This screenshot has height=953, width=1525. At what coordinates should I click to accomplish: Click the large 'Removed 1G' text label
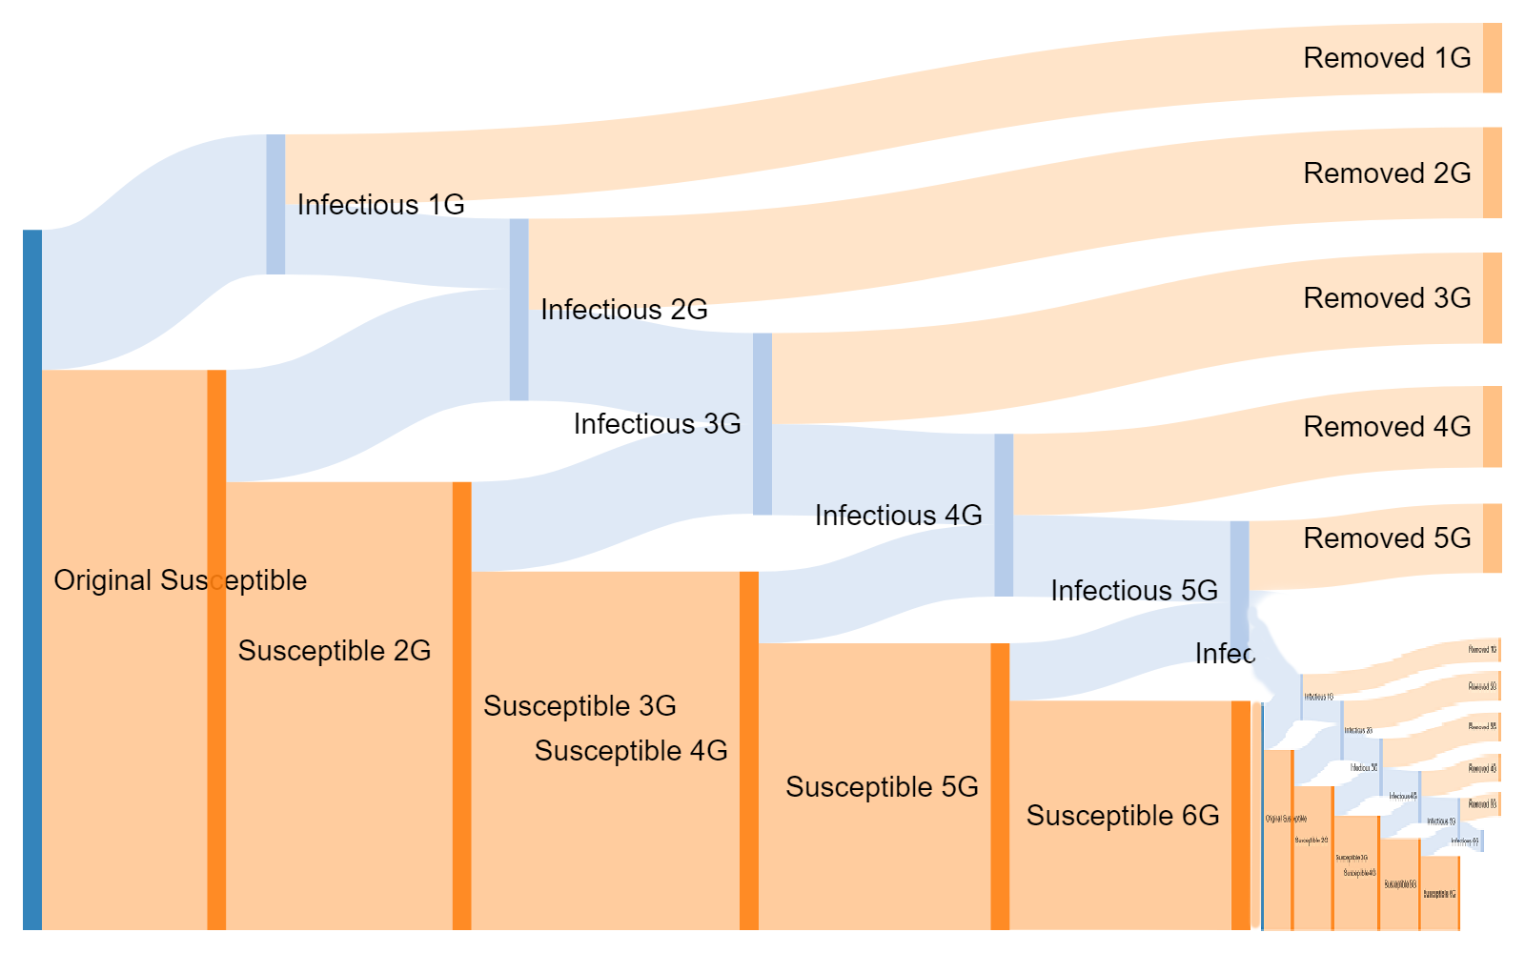point(1387,58)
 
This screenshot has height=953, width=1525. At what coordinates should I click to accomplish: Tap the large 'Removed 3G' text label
point(1387,298)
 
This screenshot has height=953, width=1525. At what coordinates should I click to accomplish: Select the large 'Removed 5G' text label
point(1387,538)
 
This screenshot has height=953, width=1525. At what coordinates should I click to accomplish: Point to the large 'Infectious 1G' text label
point(380,205)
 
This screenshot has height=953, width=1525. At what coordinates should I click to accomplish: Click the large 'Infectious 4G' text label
point(898,516)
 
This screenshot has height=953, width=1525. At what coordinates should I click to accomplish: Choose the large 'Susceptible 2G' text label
point(335,651)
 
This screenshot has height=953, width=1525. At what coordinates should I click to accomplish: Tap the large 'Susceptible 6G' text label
point(1123,816)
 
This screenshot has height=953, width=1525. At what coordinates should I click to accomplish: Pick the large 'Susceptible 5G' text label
point(882,787)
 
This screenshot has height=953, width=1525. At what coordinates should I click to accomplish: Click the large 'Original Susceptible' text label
point(180,580)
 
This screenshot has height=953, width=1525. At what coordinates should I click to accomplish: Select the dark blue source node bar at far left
point(32,579)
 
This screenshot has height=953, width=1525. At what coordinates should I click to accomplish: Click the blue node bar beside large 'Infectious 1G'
point(275,204)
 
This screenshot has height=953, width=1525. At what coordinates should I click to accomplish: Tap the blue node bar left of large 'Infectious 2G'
point(518,310)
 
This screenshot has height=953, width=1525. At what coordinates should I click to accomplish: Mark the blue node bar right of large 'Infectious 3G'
point(762,424)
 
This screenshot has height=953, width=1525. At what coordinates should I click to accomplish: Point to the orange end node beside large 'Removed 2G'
point(1493,172)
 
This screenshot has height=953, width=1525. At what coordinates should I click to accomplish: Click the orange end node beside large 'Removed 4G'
point(1493,427)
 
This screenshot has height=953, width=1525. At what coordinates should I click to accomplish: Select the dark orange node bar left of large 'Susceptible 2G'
point(216,649)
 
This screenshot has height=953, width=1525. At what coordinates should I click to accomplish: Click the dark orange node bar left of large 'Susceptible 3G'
point(461,705)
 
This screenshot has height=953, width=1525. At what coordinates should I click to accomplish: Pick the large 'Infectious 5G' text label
point(1134,591)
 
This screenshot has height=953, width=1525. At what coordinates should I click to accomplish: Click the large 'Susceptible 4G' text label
point(631,751)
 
